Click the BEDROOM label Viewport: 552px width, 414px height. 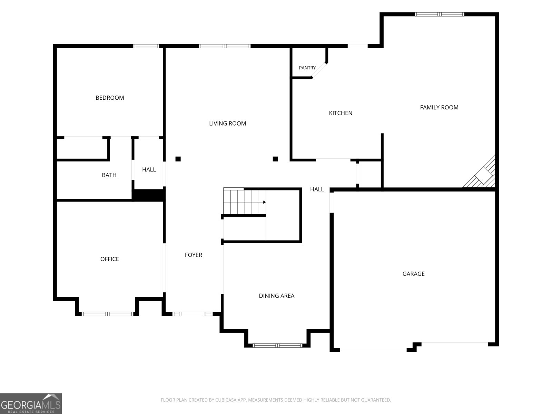click(x=110, y=98)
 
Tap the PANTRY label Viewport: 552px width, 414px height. click(x=307, y=68)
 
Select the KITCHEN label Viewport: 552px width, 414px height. click(x=341, y=113)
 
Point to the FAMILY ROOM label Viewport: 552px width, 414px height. click(x=439, y=107)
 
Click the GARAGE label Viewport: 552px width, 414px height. click(x=413, y=274)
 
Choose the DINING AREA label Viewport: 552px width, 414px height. click(x=276, y=296)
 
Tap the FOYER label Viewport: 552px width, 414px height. click(x=194, y=255)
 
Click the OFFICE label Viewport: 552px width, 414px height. click(x=109, y=259)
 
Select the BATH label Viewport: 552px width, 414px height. click(x=109, y=175)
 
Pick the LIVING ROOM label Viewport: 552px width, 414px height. click(x=227, y=124)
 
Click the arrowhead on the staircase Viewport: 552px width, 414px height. click(x=264, y=202)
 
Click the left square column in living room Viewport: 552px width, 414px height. click(x=178, y=159)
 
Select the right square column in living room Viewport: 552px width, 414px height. click(x=275, y=159)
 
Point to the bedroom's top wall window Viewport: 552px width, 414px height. click(x=146, y=46)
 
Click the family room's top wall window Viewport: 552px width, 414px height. click(x=439, y=14)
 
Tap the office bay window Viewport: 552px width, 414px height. click(x=107, y=314)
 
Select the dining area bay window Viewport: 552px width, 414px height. click(x=277, y=346)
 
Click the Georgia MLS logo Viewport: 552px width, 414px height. click(x=31, y=404)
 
